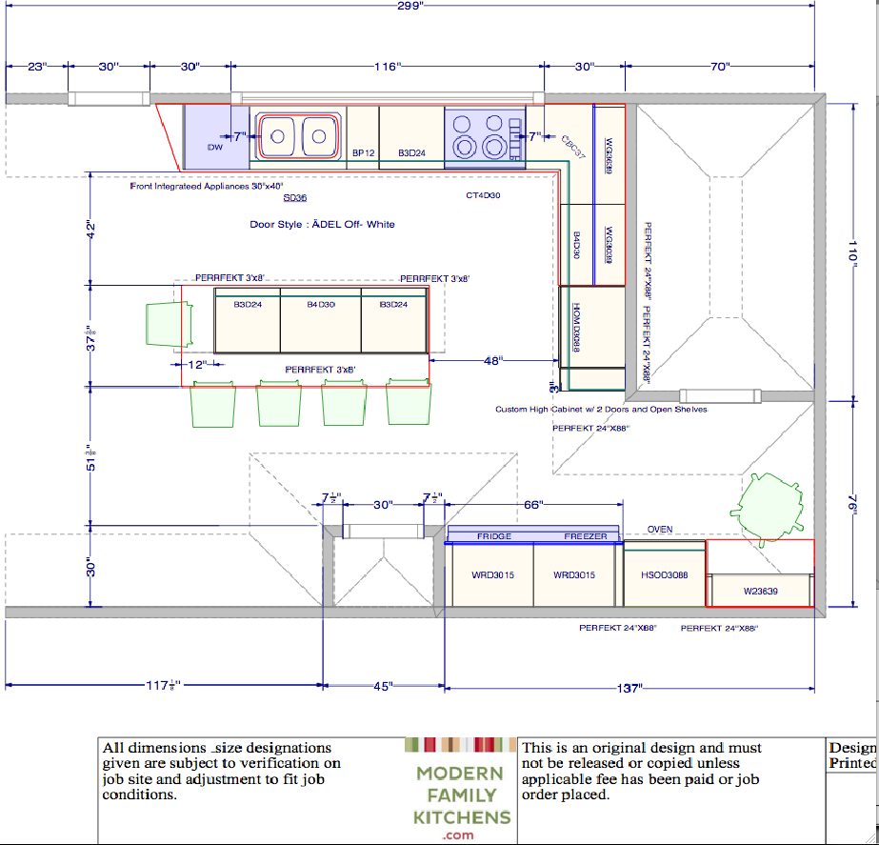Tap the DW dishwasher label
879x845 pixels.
(x=215, y=148)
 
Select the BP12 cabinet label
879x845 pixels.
(x=362, y=152)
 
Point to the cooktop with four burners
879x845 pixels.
(x=485, y=136)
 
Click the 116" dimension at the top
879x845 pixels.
(x=387, y=67)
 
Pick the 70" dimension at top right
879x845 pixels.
(x=719, y=67)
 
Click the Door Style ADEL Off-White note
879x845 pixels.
(x=322, y=225)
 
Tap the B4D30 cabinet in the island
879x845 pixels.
(x=320, y=305)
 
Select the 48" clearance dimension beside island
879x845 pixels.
(x=492, y=361)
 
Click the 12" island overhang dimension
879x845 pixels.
(x=196, y=365)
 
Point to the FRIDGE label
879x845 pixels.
(x=494, y=536)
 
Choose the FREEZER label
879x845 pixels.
(x=585, y=536)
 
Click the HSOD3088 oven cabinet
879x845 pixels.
(x=664, y=575)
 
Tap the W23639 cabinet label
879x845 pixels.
(x=760, y=592)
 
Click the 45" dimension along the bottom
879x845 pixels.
(x=382, y=687)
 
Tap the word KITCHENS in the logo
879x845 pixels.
(x=462, y=816)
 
